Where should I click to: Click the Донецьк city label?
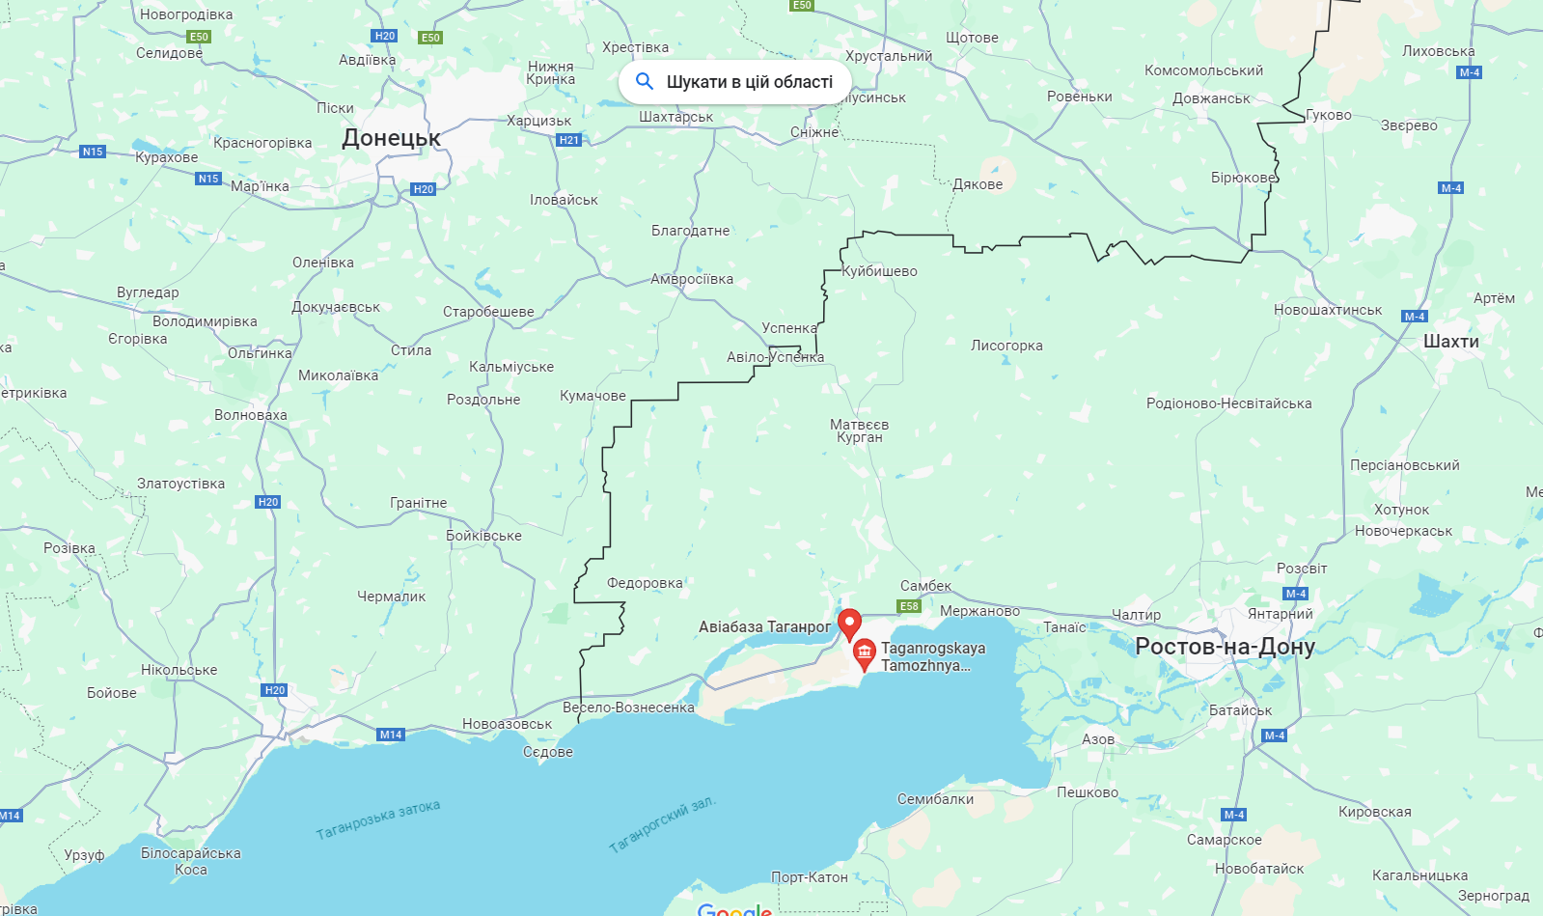click(391, 138)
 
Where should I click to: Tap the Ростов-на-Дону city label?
click(1225, 646)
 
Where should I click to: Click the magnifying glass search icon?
click(645, 82)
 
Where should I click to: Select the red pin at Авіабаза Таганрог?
click(849, 624)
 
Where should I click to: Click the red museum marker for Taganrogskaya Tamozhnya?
click(865, 653)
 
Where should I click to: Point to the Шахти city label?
click(1450, 341)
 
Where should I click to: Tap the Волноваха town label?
click(251, 415)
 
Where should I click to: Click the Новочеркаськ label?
click(1403, 531)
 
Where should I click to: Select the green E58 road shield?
click(909, 606)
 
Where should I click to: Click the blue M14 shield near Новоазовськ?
click(391, 735)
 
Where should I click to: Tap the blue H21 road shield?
click(569, 140)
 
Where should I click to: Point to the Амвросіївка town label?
click(692, 279)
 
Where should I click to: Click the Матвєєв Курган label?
click(859, 430)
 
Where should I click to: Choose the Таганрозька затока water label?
click(377, 819)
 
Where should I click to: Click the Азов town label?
click(1098, 739)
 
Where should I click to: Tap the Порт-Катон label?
click(809, 877)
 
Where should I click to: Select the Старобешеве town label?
click(488, 312)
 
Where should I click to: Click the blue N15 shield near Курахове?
click(93, 152)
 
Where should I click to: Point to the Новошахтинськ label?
click(1328, 310)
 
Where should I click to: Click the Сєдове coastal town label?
click(548, 752)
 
